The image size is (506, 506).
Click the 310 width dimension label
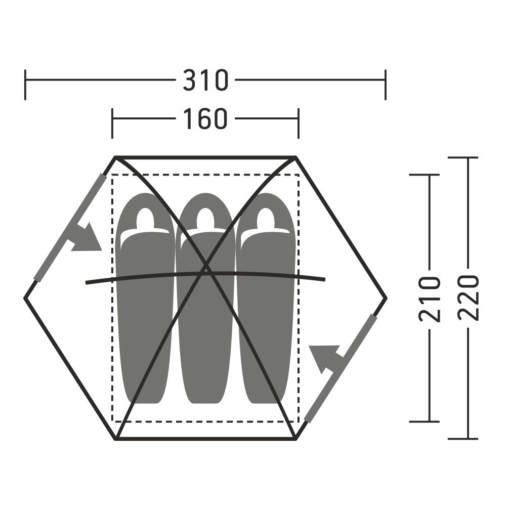(205, 80)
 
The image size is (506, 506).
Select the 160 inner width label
(205, 118)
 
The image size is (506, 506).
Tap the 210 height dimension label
(430, 299)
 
